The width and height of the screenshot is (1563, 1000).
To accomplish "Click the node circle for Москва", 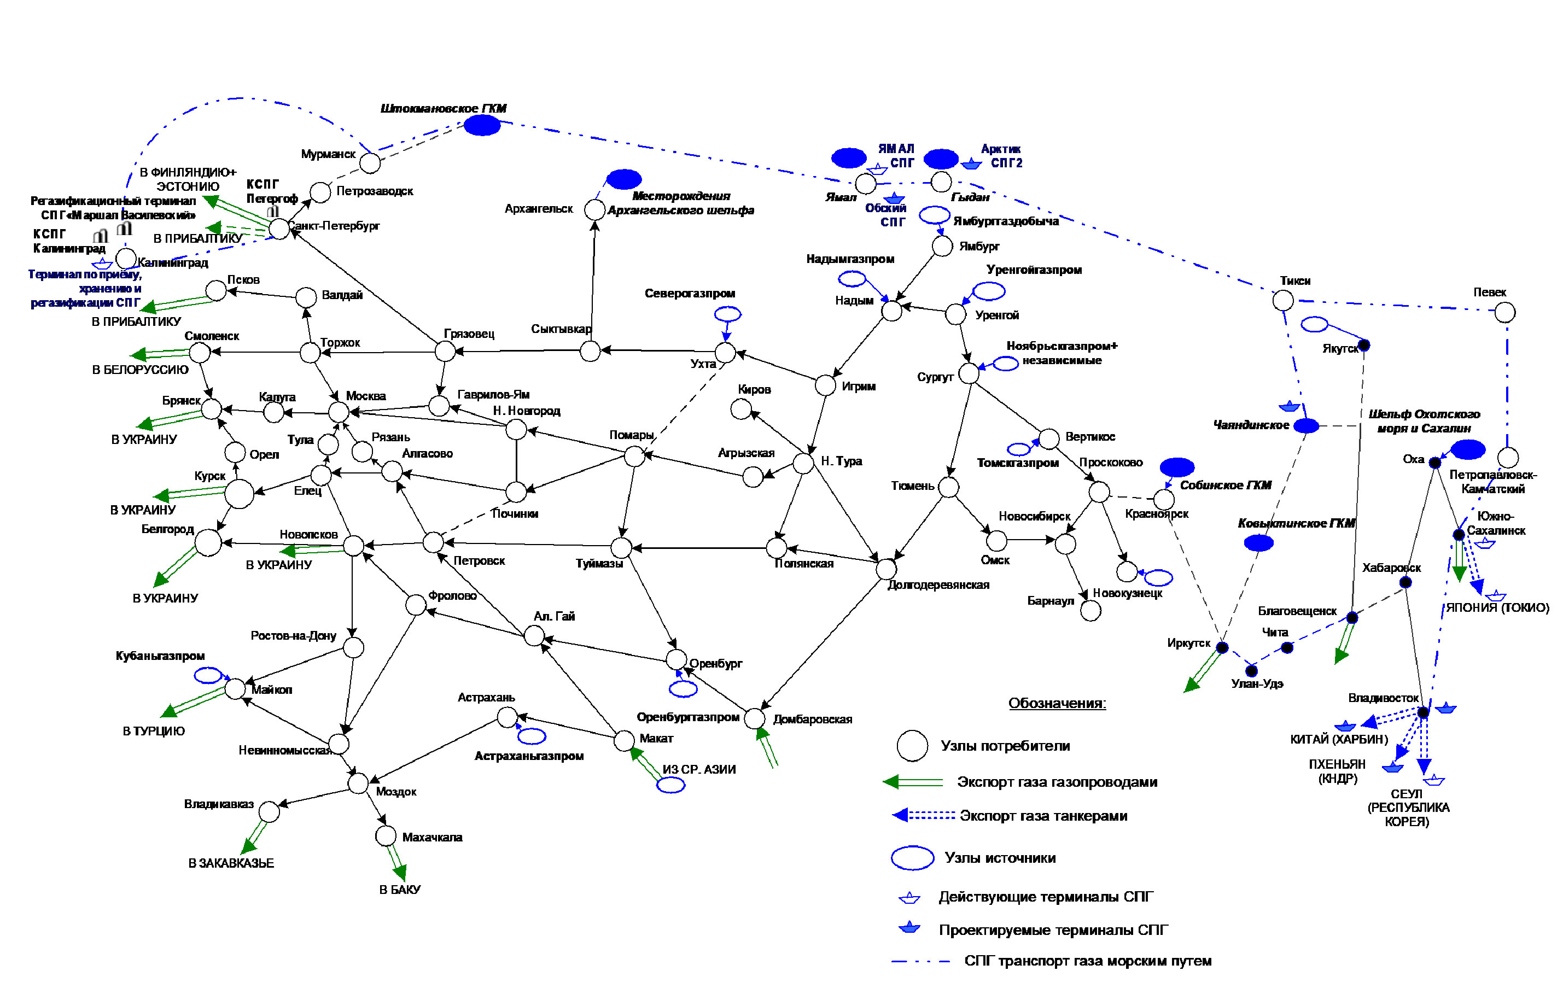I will [339, 411].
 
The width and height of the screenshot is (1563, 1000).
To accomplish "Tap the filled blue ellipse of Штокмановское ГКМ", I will [482, 125].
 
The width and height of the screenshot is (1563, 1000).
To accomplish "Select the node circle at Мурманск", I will [370, 163].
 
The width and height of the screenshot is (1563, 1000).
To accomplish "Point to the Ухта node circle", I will [725, 353].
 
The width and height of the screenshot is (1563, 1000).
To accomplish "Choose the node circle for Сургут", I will [968, 373].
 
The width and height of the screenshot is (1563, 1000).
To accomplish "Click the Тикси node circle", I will [1282, 300].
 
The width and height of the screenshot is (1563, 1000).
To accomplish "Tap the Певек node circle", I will [1505, 312].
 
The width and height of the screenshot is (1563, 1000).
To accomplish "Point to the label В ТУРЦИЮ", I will [154, 731].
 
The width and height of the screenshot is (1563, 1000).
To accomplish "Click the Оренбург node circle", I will [676, 659].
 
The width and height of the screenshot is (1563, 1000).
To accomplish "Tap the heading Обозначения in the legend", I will [1057, 703].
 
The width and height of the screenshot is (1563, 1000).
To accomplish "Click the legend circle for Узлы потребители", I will [912, 745].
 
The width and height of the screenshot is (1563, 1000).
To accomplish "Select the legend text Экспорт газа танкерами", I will [1043, 816].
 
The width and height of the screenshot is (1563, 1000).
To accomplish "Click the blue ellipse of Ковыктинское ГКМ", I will [1258, 543].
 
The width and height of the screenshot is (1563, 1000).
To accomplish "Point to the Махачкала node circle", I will [386, 836].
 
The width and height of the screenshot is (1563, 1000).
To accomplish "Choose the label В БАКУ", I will [400, 890].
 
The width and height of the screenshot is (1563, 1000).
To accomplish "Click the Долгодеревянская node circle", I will [887, 569].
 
